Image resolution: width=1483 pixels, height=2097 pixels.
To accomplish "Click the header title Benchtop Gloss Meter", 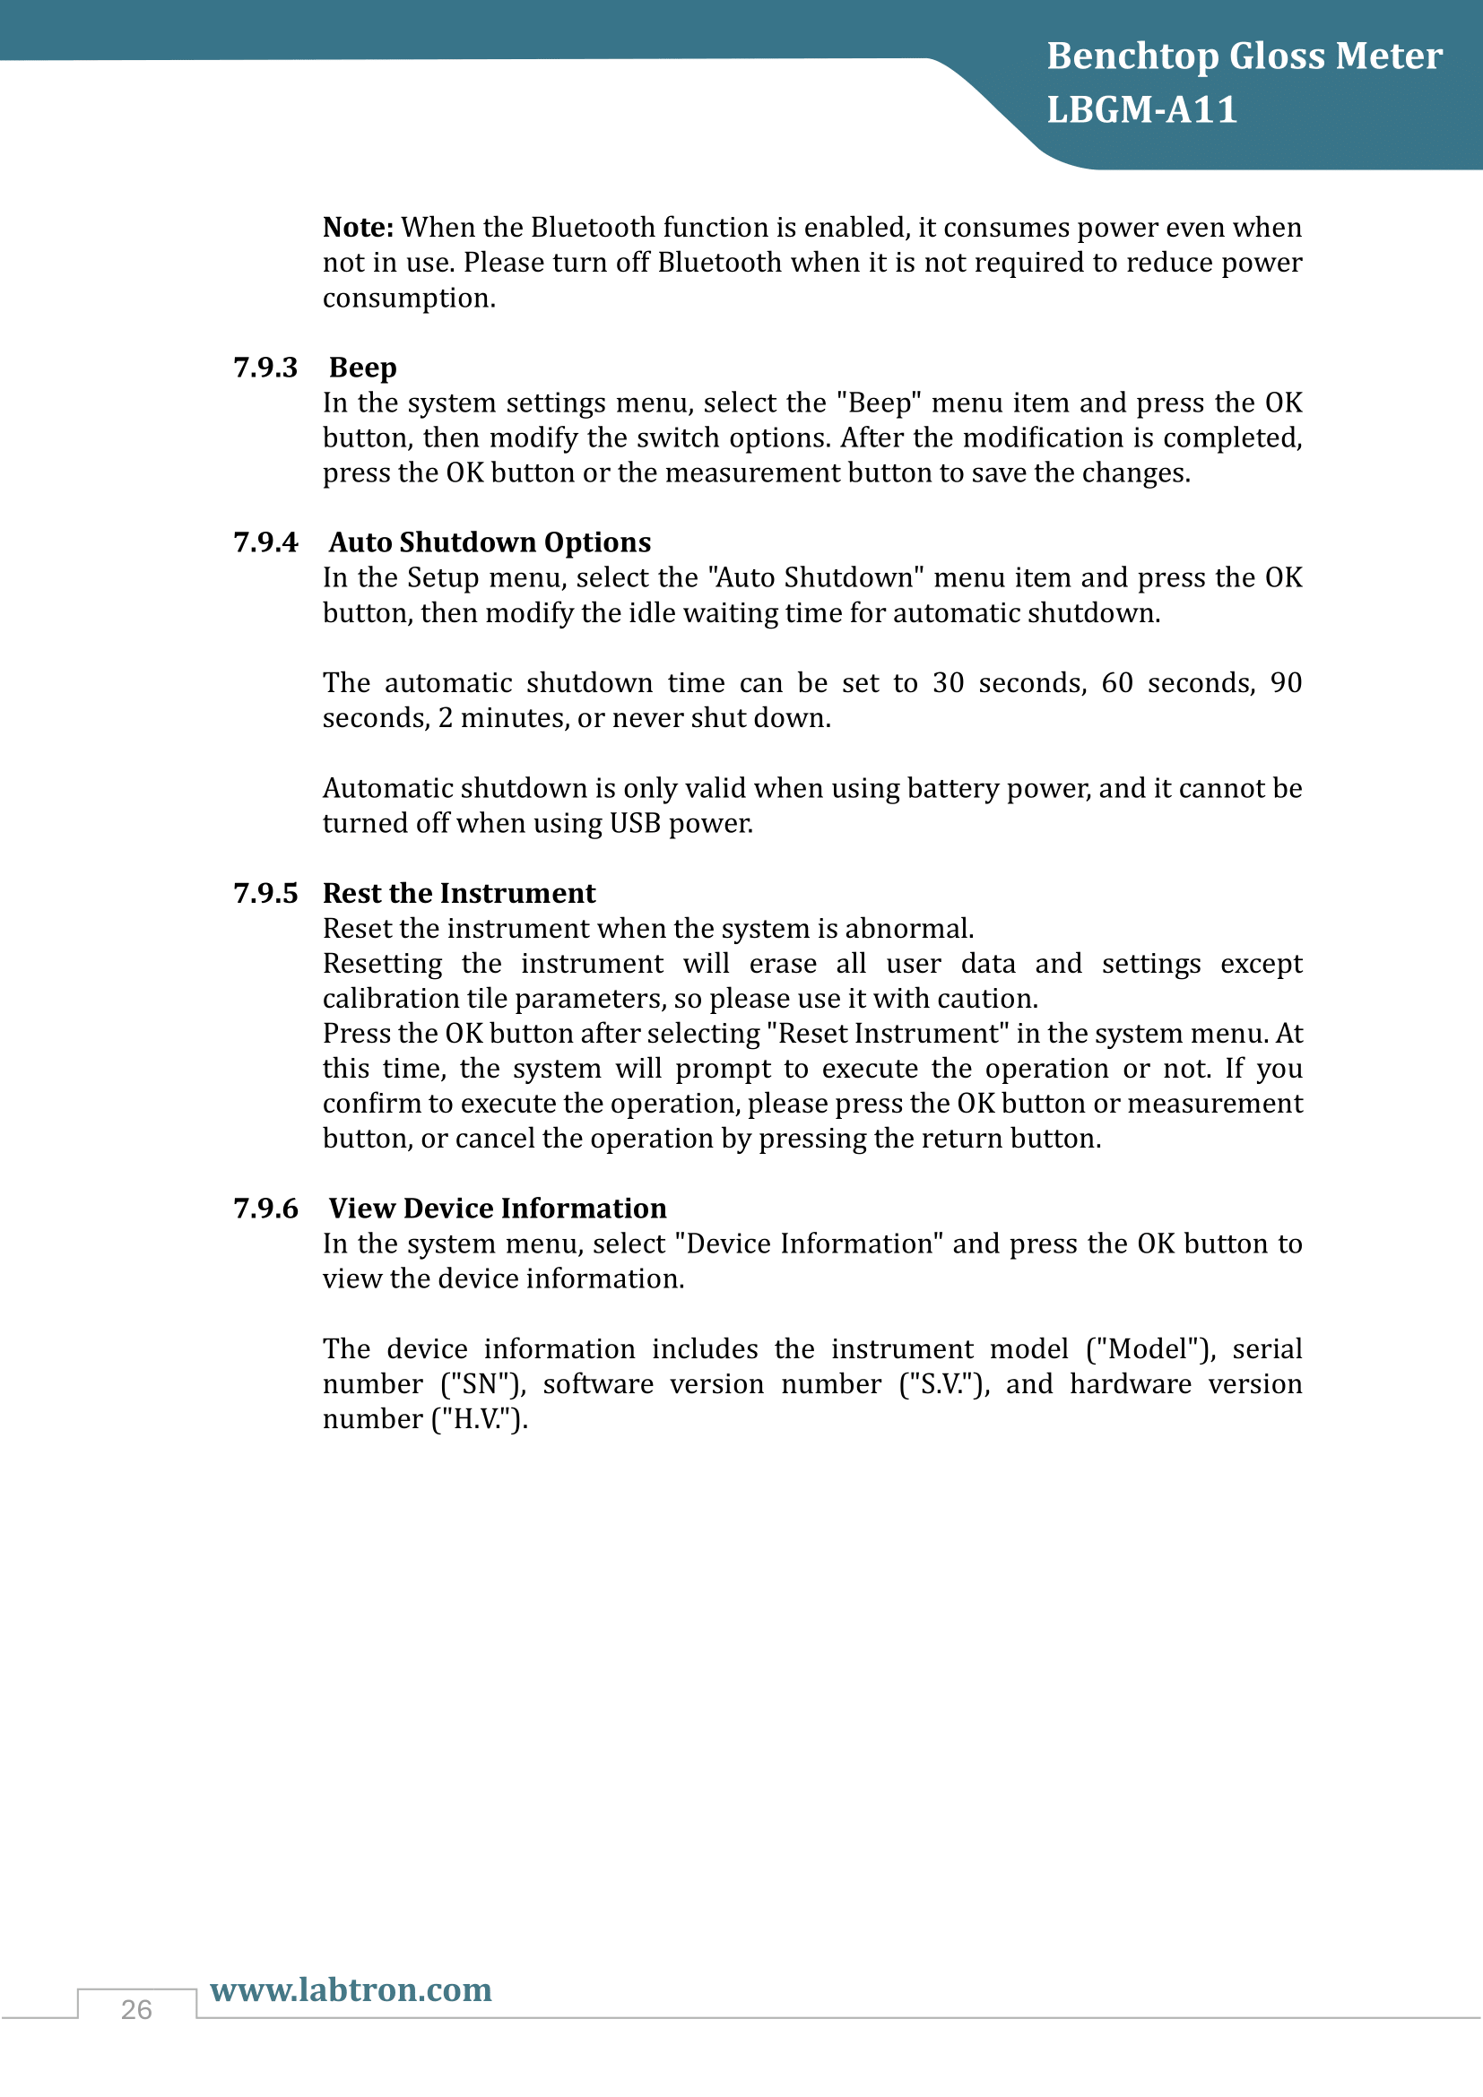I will [1244, 56].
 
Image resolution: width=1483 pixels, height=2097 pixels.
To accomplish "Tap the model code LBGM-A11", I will [1141, 110].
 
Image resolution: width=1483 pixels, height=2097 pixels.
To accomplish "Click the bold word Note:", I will [358, 228].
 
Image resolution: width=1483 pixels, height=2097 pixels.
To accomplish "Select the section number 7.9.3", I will [265, 368].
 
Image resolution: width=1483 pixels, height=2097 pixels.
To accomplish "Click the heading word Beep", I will [362, 368].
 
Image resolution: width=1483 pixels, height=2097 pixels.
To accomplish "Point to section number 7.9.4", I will [265, 542].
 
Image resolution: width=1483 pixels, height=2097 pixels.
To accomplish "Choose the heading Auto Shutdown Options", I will [490, 542].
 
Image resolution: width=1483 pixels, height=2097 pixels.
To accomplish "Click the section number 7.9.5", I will [265, 893].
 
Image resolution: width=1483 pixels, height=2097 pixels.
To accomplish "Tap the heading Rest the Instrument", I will [458, 893].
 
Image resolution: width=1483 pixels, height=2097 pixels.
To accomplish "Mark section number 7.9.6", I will [265, 1209].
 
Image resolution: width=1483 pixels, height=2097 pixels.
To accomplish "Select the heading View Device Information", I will [498, 1209].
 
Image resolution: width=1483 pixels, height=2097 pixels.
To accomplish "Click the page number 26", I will [136, 2009].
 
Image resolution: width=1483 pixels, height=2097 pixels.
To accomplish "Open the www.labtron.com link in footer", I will [351, 1989].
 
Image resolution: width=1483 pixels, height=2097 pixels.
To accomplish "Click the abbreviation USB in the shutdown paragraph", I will [635, 824].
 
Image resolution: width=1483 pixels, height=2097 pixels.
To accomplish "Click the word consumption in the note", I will [408, 299].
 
